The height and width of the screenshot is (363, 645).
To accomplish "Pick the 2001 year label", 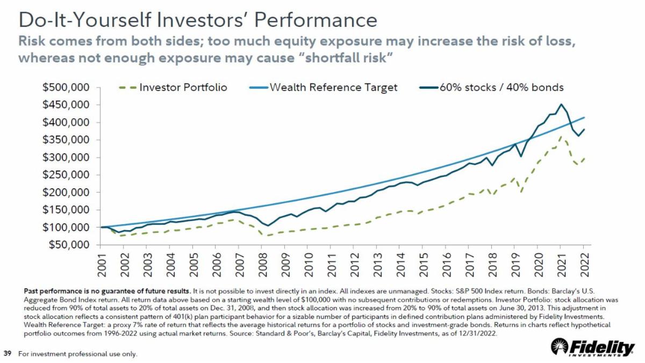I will (x=102, y=263).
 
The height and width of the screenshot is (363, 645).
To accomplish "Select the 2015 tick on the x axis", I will (x=422, y=263).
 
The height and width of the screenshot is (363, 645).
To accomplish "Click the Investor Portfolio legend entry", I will (x=172, y=88).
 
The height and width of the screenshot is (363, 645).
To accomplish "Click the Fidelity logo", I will (x=594, y=348).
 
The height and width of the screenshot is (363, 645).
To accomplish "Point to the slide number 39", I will (x=8, y=353).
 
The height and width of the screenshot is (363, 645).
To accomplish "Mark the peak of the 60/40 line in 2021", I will (x=561, y=104).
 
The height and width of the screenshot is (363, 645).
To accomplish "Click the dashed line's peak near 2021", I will (x=561, y=137).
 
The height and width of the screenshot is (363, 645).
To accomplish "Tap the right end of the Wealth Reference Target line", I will (x=584, y=117).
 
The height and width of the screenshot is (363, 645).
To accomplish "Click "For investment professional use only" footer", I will (x=78, y=354).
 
